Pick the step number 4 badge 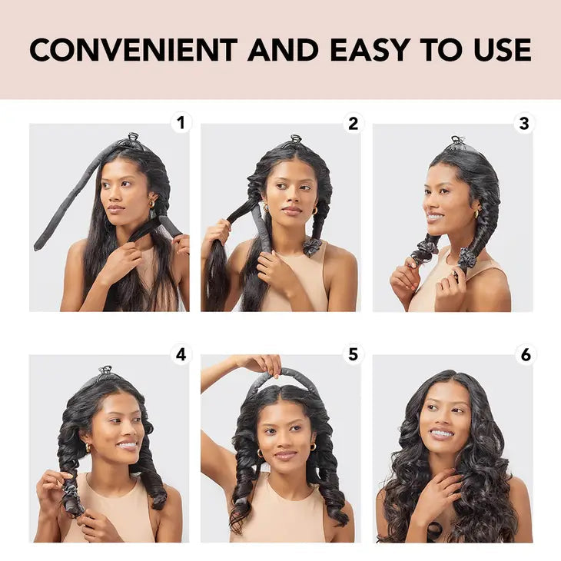coord(181,354)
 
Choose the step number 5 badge coord(353,354)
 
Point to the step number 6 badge coord(524,354)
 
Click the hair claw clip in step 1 coord(133,139)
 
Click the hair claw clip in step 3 coord(458,142)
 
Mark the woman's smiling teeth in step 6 coord(441,433)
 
